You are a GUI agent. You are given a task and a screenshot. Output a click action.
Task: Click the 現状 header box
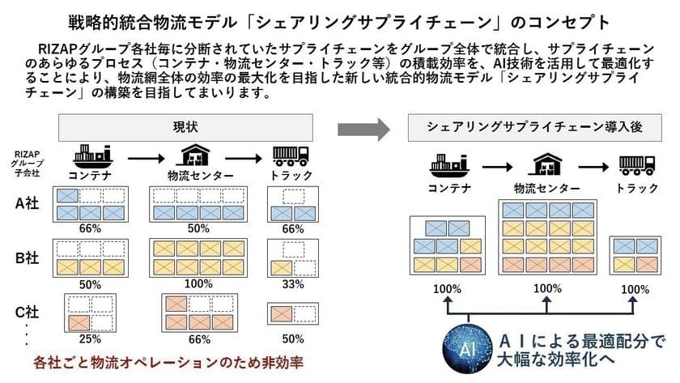tap(185, 129)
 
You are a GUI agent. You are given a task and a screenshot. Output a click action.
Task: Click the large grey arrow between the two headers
tap(363, 128)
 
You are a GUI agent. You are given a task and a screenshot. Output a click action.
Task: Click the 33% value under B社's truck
tap(293, 284)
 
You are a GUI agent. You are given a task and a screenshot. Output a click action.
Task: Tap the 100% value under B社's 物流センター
tap(198, 284)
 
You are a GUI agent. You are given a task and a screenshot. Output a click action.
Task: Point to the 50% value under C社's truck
tap(293, 337)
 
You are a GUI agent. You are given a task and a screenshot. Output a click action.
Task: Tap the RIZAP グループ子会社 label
tap(27, 162)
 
